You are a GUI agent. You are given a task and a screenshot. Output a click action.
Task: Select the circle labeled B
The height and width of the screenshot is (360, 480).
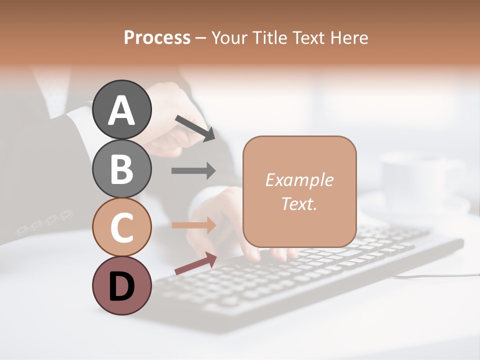tap(122, 168)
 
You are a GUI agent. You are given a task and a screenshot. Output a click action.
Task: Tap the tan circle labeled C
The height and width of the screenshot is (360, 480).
tap(122, 227)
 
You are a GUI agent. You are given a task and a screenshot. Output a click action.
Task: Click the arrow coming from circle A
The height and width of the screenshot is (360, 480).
tap(194, 127)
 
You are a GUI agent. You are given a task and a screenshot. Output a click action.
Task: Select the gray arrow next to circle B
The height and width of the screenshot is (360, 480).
tap(193, 170)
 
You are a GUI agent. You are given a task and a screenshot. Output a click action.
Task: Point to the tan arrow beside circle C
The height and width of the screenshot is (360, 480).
tap(193, 225)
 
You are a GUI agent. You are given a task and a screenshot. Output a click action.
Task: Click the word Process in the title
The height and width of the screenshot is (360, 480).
tap(157, 37)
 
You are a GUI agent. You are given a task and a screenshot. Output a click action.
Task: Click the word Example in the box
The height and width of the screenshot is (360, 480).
tap(299, 180)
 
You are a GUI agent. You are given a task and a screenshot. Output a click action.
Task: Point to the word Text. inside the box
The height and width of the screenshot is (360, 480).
tap(299, 203)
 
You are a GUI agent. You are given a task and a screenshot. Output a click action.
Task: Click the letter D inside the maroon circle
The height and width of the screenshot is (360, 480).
tap(122, 287)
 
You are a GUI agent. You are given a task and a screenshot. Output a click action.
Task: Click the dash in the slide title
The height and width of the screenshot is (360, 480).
tap(201, 38)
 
